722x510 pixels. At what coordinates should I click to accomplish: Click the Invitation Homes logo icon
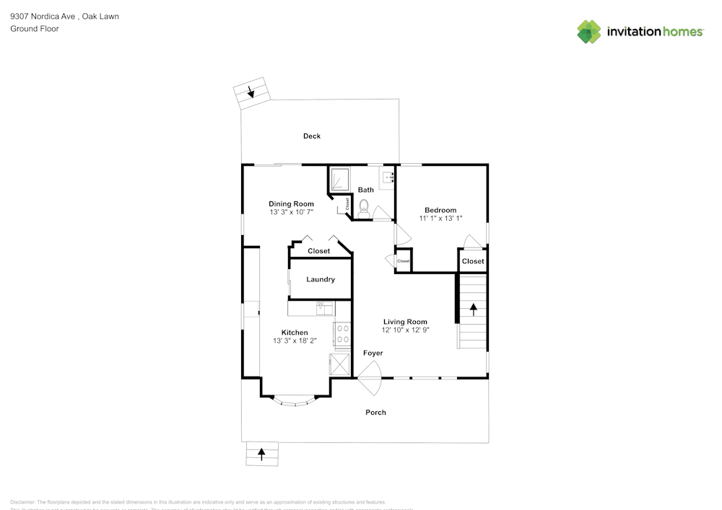point(589,32)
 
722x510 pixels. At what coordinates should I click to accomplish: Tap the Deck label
point(312,136)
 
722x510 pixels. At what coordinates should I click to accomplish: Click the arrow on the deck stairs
point(251,92)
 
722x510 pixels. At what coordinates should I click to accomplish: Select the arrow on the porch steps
point(261,454)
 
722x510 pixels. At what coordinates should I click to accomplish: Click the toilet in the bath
point(364,208)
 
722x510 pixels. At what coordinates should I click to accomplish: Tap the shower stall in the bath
point(339,180)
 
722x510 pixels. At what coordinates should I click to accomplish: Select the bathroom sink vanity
point(388,177)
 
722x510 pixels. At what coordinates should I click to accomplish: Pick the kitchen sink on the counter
point(325,309)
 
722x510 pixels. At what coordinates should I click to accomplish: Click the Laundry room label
point(321,280)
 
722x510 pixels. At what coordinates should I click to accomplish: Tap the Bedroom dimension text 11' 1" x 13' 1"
point(440,218)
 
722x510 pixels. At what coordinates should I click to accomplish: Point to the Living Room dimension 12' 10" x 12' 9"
point(405,330)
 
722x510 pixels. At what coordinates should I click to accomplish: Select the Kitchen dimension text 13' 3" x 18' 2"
point(295,340)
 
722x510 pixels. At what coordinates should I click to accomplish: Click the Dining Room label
point(291,204)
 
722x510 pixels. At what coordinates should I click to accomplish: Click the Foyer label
point(373,353)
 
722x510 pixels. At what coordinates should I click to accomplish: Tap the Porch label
point(375,413)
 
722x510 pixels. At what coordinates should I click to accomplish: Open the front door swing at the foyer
point(370,377)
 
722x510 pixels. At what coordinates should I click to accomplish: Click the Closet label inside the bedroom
point(473,261)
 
